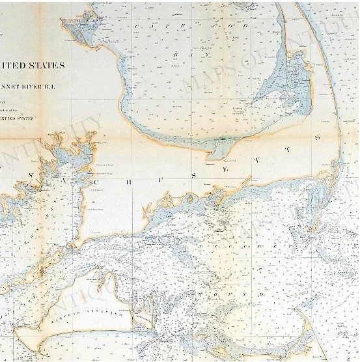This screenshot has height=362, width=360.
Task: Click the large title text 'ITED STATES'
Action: click(x=33, y=65)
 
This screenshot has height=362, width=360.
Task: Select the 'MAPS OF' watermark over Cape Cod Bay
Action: click(x=215, y=65)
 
